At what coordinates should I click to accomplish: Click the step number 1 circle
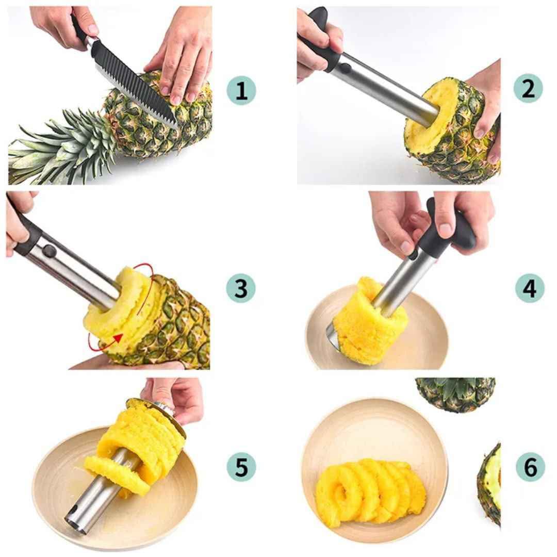point(241,91)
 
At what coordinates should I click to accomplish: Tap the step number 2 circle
point(528,88)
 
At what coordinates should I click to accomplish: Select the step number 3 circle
point(241,288)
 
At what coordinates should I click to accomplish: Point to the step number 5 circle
point(241,466)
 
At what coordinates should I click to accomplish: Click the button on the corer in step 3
point(50,251)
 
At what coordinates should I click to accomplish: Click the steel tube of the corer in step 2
point(384,90)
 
